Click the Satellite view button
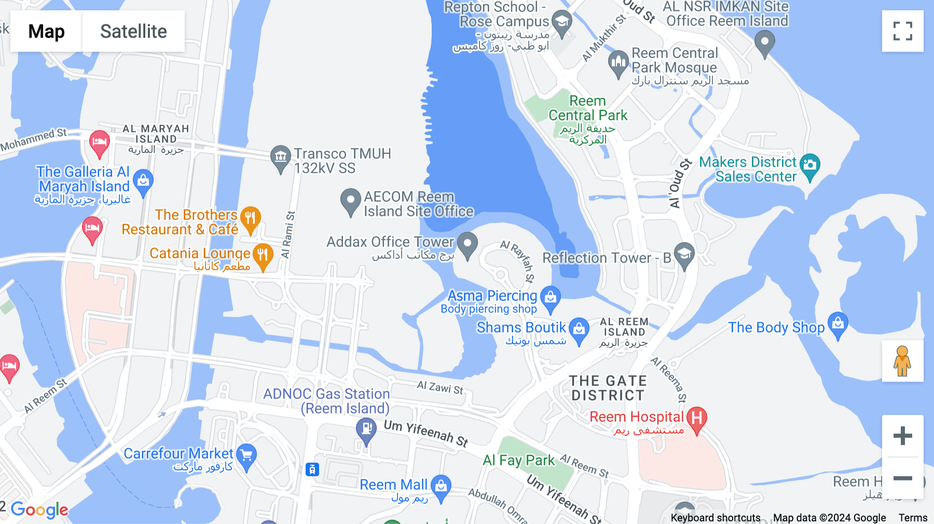(x=133, y=31)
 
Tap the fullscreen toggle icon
(x=902, y=31)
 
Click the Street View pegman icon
(x=902, y=361)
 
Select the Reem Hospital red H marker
(x=696, y=418)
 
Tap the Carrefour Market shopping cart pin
(x=246, y=456)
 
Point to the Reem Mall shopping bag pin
(x=441, y=487)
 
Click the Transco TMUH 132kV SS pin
(x=280, y=156)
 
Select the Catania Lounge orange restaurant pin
(x=263, y=255)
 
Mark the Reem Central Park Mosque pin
(x=618, y=63)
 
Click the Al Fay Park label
(x=518, y=460)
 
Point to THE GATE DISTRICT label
(x=608, y=388)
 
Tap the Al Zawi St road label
(x=440, y=388)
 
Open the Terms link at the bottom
(x=913, y=517)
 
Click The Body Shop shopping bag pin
(x=838, y=324)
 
